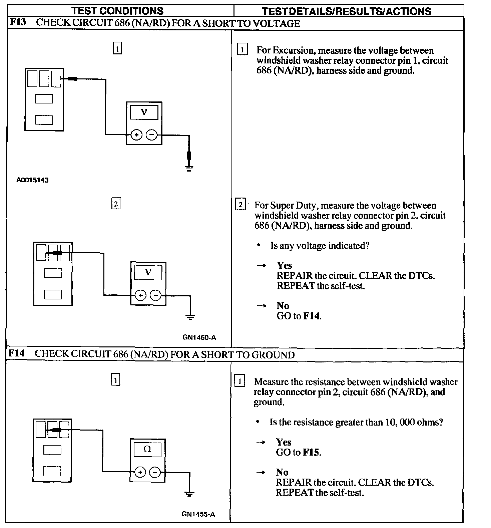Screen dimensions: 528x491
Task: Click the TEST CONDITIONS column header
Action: (117, 11)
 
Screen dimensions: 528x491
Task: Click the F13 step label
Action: (17, 23)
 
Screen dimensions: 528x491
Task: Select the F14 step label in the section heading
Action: (16, 353)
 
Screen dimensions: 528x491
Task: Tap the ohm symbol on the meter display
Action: (147, 449)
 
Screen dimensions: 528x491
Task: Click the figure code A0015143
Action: (32, 180)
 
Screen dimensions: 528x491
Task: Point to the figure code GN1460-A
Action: (199, 337)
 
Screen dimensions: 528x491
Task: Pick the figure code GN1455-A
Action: (198, 514)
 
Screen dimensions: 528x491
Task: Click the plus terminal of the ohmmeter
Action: (140, 472)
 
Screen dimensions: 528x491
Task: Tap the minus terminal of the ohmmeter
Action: (155, 472)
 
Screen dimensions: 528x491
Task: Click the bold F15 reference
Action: (311, 452)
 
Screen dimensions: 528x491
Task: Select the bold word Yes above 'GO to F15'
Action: (284, 442)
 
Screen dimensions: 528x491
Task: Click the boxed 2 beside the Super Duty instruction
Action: (240, 205)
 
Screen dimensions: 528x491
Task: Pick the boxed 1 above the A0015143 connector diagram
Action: (117, 49)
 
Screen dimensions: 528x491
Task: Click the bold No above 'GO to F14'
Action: (283, 306)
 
